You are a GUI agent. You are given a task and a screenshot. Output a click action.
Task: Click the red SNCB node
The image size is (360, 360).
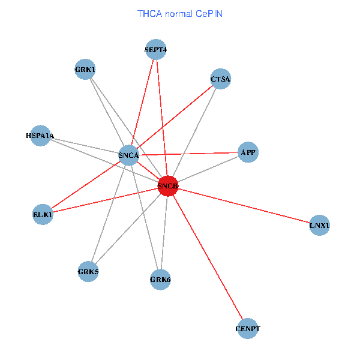point(168,187)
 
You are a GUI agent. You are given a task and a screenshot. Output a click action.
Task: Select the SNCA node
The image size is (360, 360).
point(129,155)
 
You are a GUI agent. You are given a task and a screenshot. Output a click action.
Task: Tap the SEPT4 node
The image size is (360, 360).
point(156,50)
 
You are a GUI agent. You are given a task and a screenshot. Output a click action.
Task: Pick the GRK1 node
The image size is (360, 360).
point(85,70)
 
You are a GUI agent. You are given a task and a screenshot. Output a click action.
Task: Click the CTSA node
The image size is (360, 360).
point(220,79)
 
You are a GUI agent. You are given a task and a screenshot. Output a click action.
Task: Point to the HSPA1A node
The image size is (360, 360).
point(40,136)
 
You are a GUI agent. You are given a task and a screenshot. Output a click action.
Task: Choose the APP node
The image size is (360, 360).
point(248,152)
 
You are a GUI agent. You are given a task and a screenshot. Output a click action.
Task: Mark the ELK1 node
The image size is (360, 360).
point(43,214)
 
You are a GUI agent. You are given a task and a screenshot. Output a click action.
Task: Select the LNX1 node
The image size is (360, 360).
point(319,226)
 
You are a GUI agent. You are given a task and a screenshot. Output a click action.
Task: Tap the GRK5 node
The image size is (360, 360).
point(88,272)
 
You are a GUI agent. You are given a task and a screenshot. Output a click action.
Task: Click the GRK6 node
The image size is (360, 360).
point(160,279)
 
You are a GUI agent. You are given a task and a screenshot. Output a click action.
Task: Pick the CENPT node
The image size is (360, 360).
point(248,329)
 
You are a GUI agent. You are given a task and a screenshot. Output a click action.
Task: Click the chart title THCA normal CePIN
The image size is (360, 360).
point(180,13)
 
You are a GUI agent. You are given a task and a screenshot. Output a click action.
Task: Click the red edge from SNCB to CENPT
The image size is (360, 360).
point(208,257)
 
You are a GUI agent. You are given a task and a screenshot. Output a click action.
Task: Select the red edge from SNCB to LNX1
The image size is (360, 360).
point(244,206)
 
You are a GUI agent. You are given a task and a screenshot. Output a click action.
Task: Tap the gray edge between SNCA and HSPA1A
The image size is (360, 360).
point(84,146)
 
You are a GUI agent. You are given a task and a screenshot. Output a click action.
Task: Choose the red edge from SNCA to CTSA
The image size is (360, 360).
point(175,117)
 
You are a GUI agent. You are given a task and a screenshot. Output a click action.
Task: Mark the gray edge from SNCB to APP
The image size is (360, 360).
point(208,169)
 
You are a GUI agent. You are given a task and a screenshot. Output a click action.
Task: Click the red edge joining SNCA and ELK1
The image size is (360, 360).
point(86,185)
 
